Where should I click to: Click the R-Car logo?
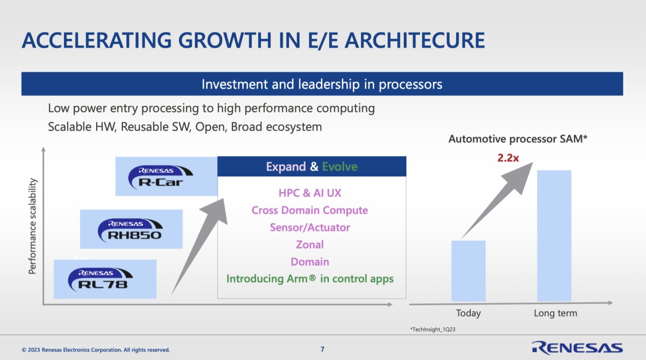[160, 177]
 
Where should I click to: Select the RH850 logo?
[130, 231]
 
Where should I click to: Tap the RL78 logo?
[100, 280]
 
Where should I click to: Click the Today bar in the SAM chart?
[468, 271]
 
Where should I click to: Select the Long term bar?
[554, 236]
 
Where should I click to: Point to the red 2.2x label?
[508, 158]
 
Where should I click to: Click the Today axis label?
[468, 313]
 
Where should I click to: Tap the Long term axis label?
[555, 313]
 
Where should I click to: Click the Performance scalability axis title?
[33, 226]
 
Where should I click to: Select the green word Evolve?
[340, 167]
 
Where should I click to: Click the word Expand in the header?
[286, 167]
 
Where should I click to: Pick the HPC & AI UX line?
[310, 193]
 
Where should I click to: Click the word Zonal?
[310, 245]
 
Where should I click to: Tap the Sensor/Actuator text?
[310, 228]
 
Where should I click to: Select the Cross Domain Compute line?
[310, 210]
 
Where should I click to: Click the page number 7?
[322, 349]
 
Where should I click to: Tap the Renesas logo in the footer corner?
[578, 347]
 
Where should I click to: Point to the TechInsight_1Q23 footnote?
[433, 329]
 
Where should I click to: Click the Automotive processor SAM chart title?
[518, 139]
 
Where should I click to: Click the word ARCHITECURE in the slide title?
[415, 40]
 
